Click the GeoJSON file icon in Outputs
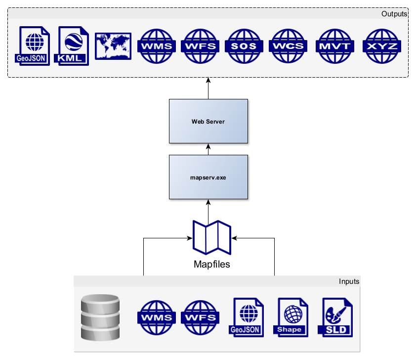[33, 45]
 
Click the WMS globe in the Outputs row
[157, 46]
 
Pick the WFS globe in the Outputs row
[200, 46]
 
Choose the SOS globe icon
[244, 46]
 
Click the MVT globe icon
[334, 46]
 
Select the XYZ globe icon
[381, 46]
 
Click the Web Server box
[208, 122]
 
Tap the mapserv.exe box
[208, 177]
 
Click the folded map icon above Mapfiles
[211, 237]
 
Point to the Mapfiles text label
[211, 264]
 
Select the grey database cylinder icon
[100, 317]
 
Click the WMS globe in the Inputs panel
[157, 318]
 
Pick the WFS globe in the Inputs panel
[200, 318]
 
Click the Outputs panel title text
[394, 14]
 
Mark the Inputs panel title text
[349, 281]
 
